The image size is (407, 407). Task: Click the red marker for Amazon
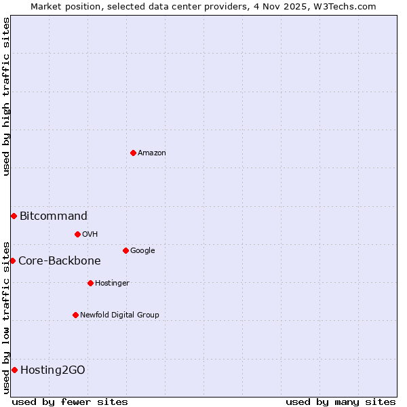[x=133, y=153]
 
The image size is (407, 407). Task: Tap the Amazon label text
[x=152, y=153]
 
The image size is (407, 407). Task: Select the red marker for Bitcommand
[x=14, y=216]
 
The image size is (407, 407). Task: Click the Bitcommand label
[x=54, y=216]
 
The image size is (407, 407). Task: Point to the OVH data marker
[x=77, y=234]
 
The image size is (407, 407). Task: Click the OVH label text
[x=90, y=235]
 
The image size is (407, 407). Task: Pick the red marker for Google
[x=125, y=250]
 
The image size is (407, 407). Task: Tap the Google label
[x=142, y=251]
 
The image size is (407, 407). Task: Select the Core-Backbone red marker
[x=12, y=260]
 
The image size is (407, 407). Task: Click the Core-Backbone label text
[x=60, y=261]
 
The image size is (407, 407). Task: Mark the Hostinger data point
[x=90, y=283]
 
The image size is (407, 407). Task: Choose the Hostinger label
[x=112, y=284]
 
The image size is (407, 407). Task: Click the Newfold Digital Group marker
[x=75, y=315]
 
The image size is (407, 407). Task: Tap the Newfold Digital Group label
[x=119, y=315]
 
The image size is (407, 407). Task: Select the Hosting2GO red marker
[x=14, y=370]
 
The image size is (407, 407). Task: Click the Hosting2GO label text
[x=53, y=370]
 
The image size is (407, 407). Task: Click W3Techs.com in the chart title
[x=350, y=6]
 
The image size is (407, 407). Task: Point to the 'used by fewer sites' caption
[x=70, y=402]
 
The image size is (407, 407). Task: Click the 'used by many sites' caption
[x=341, y=402]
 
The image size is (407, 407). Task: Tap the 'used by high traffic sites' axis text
[x=6, y=96]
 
